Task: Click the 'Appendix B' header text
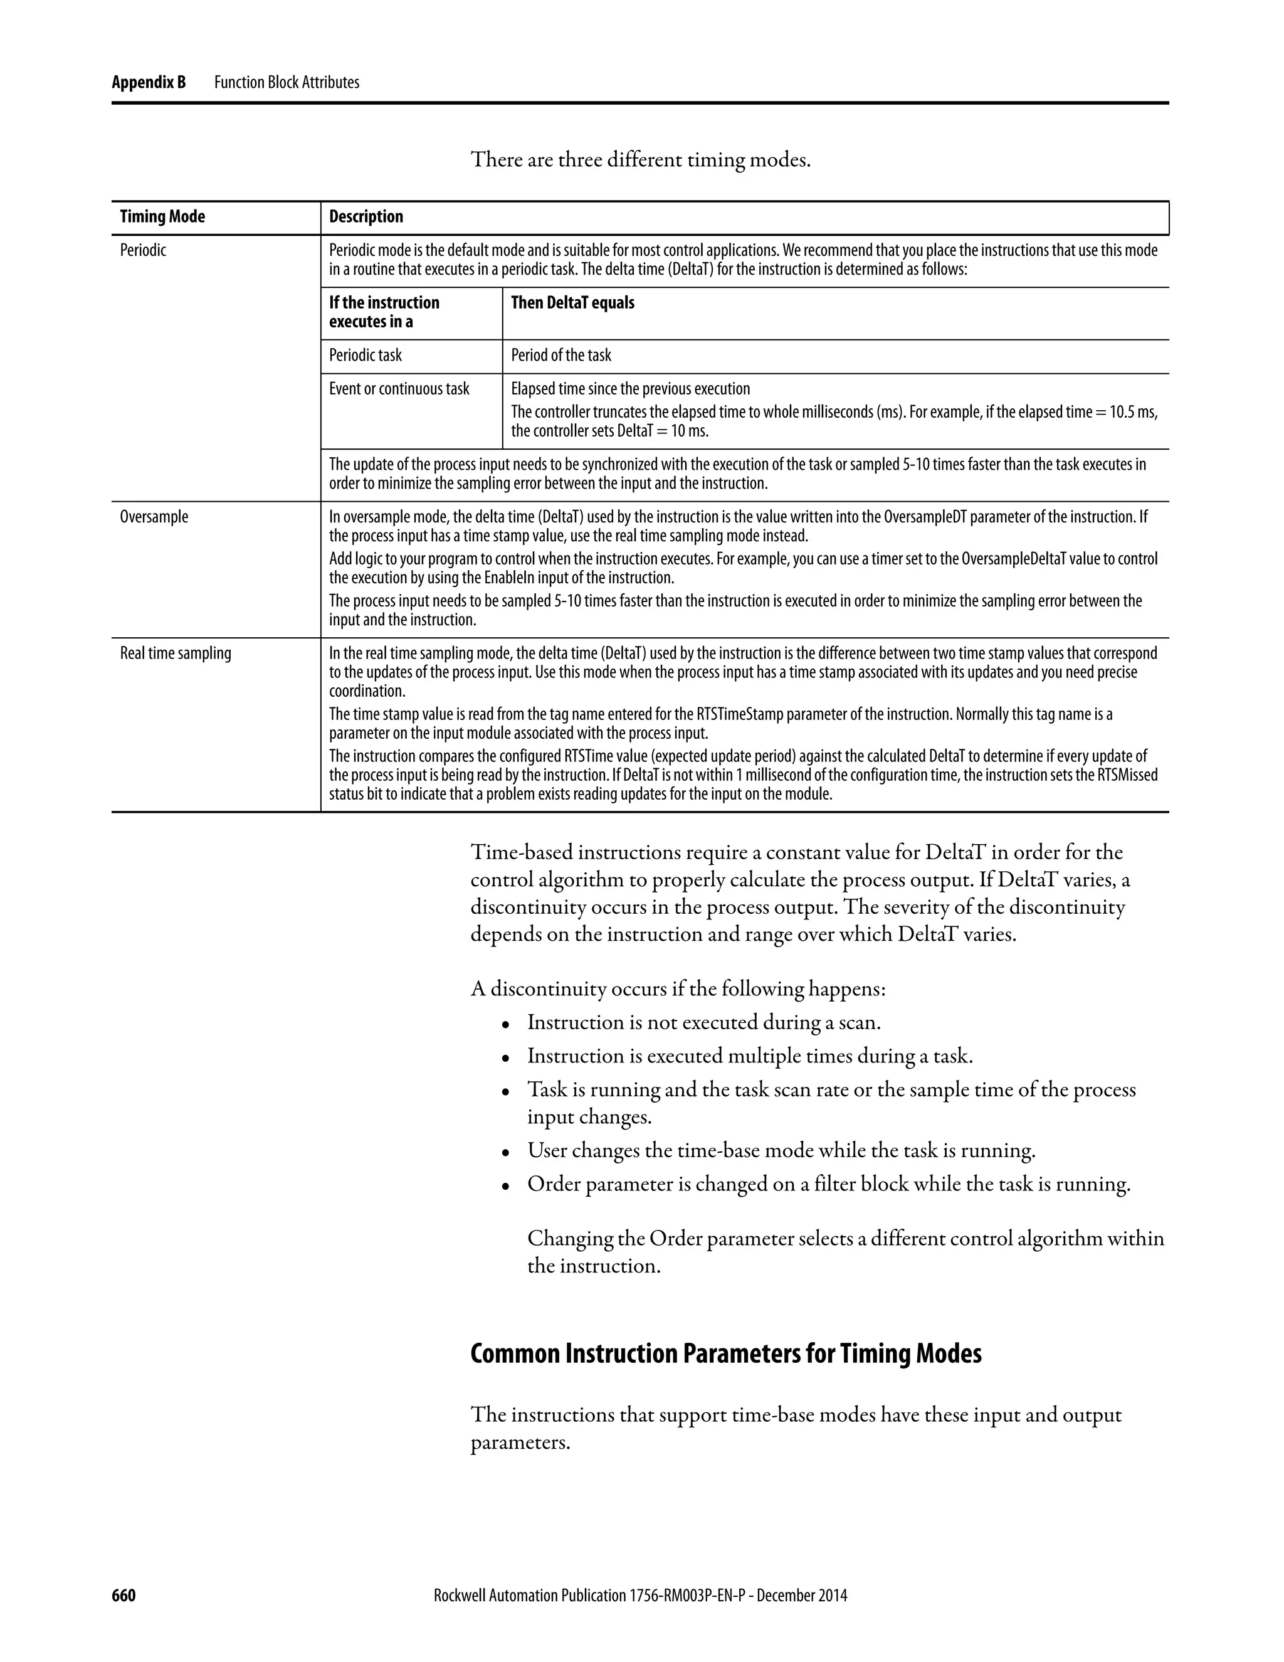click(x=149, y=82)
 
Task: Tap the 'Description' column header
click(x=366, y=217)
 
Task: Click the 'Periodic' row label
click(x=143, y=250)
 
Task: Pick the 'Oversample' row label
click(x=154, y=517)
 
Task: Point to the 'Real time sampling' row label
click(x=175, y=654)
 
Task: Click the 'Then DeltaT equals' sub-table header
click(x=572, y=303)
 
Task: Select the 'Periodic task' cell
click(x=365, y=356)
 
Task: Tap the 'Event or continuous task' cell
click(x=399, y=389)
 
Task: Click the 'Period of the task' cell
click(x=560, y=356)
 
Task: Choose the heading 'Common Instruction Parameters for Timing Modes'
click(x=725, y=1354)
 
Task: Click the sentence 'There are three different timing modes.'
click(x=641, y=160)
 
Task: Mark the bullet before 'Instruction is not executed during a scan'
click(x=505, y=1025)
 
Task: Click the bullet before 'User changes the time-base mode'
click(x=505, y=1153)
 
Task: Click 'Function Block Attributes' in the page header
click(x=287, y=82)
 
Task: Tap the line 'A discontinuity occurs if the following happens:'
click(x=678, y=989)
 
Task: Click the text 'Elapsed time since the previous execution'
click(x=630, y=389)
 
